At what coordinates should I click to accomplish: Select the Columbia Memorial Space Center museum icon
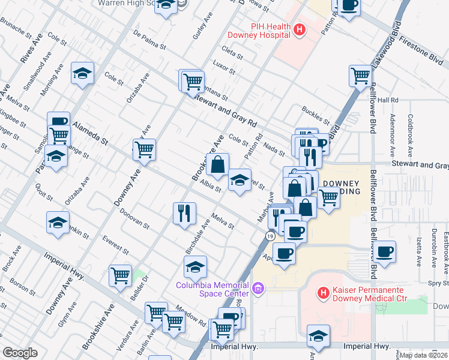(x=259, y=289)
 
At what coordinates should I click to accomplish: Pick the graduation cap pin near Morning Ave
(x=83, y=74)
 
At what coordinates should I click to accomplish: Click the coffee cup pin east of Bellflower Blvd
(x=384, y=251)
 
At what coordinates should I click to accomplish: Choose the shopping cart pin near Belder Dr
(x=120, y=275)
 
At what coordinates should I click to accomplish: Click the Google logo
(x=20, y=352)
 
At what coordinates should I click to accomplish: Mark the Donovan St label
(x=134, y=220)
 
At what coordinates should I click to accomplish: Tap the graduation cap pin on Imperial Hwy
(x=318, y=336)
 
